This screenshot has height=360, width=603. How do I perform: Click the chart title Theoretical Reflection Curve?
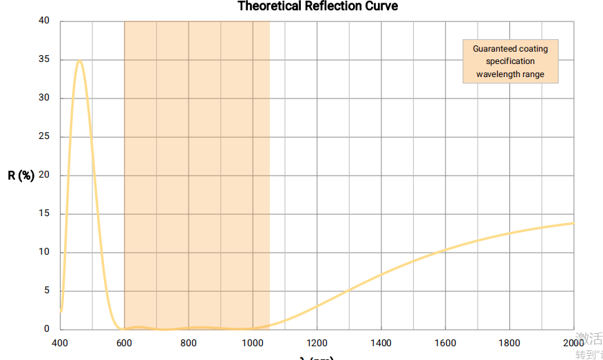coord(317,6)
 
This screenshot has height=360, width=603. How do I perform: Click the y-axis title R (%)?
coord(21,176)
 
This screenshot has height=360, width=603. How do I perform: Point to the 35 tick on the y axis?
coord(45,59)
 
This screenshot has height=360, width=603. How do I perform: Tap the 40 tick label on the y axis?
coord(45,21)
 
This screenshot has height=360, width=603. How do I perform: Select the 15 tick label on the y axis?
coord(45,213)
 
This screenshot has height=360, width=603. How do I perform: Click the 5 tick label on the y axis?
coord(47,290)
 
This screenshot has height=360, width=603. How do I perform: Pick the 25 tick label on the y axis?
coord(45,136)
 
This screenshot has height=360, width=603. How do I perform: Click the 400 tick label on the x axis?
coord(60,343)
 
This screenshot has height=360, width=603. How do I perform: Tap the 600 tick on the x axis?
coord(124,343)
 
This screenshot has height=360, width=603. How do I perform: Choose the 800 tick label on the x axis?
coord(189,343)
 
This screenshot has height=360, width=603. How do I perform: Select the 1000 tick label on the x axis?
coord(253,343)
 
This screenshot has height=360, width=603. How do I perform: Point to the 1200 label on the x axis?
coord(317,343)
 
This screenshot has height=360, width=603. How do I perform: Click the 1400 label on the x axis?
coord(381,343)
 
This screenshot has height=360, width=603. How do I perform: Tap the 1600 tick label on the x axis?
coord(445,343)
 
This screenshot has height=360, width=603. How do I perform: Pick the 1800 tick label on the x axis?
coord(509,343)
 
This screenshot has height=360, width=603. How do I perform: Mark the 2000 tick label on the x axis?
coord(573,343)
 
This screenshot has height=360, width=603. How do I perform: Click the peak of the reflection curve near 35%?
coord(79,61)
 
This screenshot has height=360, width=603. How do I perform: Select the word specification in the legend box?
coord(510,61)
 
